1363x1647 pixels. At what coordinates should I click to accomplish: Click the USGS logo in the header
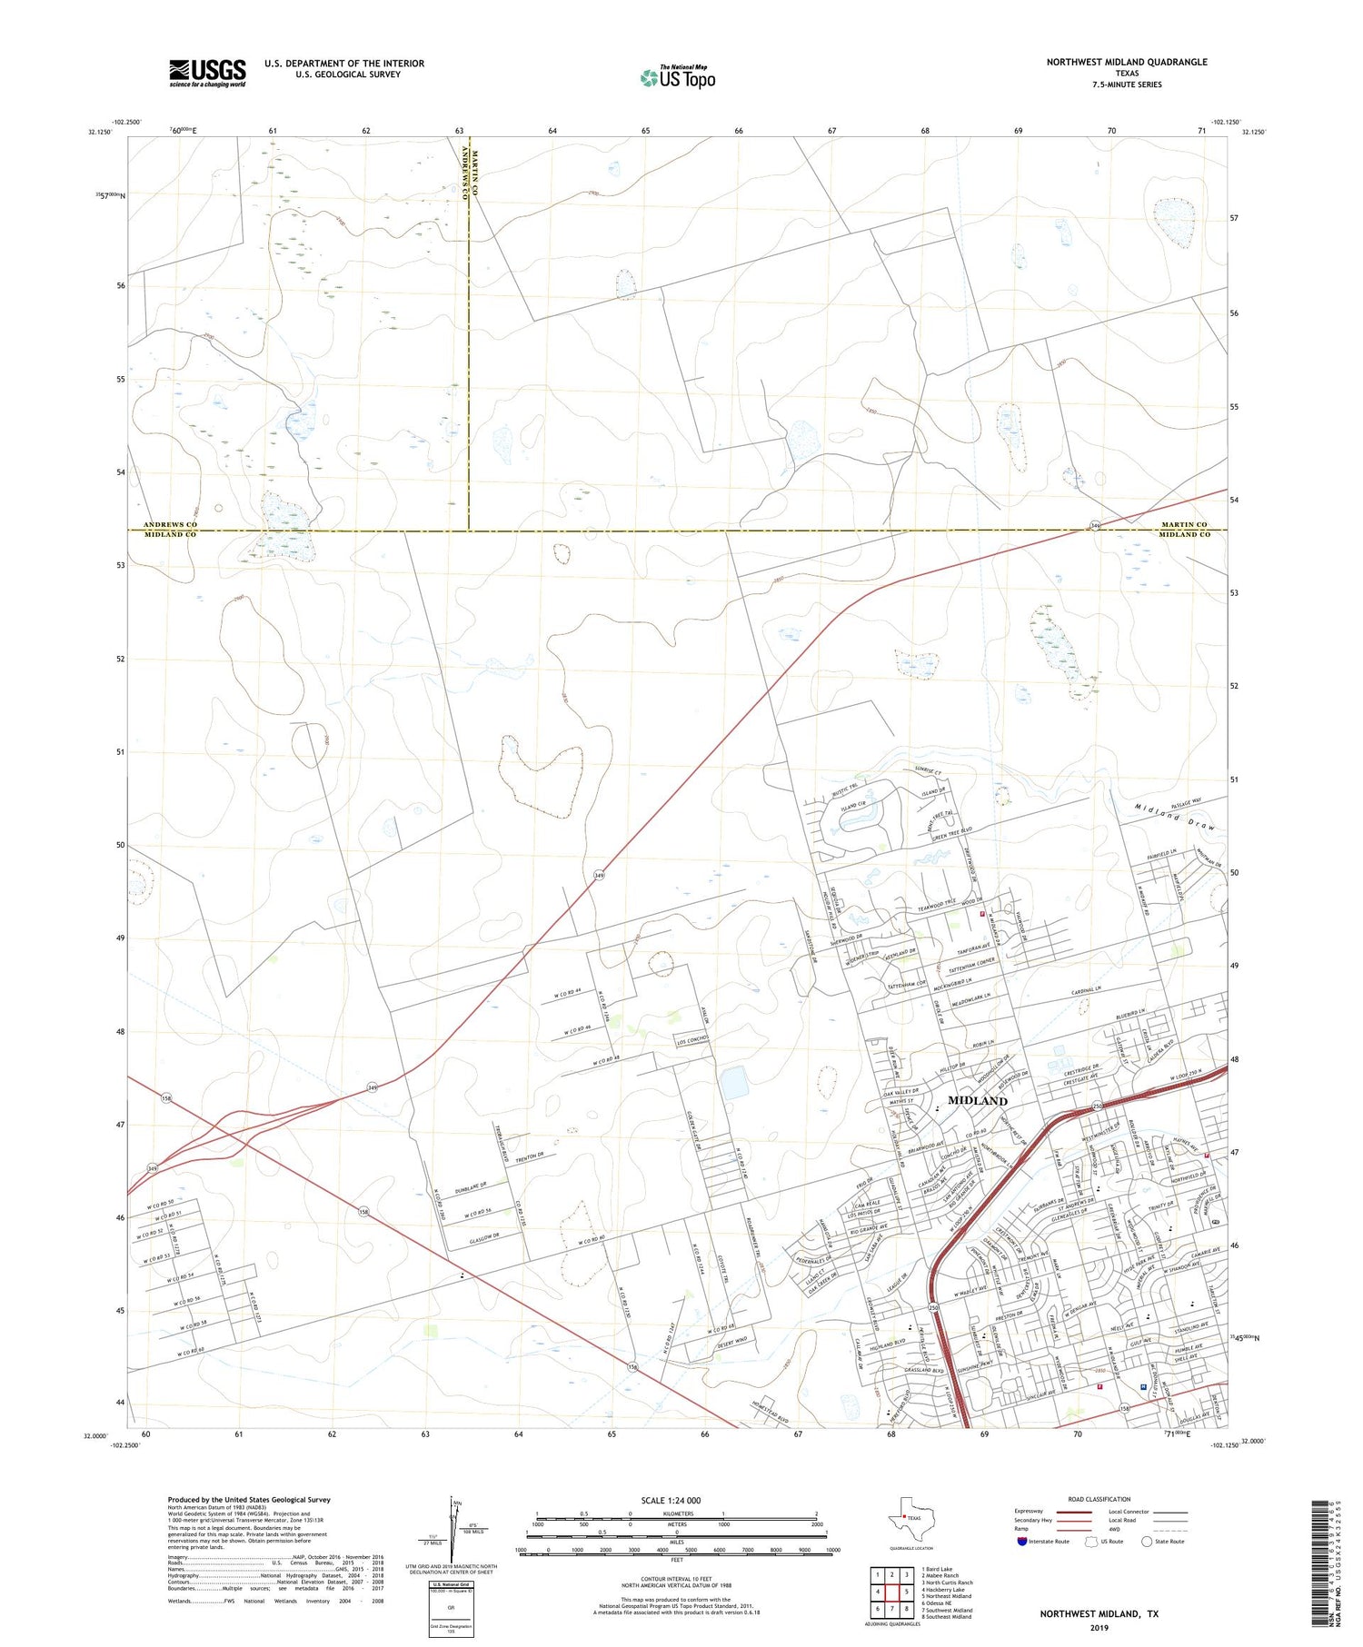click(207, 73)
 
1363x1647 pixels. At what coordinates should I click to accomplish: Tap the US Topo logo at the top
click(678, 78)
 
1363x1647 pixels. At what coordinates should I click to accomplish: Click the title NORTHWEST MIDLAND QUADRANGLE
click(1126, 62)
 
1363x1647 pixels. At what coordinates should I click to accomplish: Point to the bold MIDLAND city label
click(978, 1100)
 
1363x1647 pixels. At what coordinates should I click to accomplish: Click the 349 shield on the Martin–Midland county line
click(1096, 525)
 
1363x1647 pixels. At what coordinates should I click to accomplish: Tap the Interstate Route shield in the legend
click(1022, 1541)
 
